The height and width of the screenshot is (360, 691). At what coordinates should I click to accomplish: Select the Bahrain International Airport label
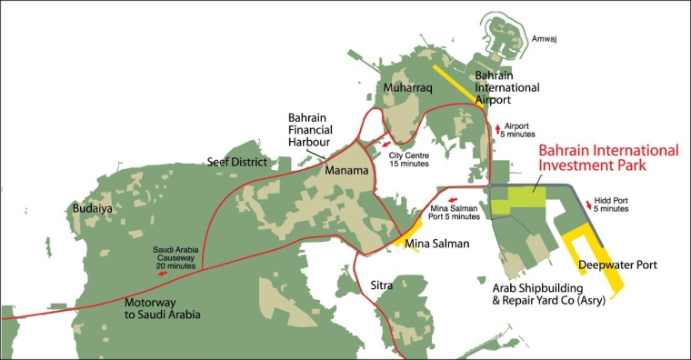point(507,88)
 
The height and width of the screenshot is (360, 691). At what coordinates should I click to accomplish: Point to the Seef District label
point(237,162)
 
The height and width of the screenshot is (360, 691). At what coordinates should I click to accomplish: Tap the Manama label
point(346,170)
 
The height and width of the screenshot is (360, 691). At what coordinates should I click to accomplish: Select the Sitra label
point(383,285)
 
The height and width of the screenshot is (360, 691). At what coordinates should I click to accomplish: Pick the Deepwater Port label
point(617,265)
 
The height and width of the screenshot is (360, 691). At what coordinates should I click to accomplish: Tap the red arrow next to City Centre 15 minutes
point(386,144)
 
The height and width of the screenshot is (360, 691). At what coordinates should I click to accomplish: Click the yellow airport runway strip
point(456,85)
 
